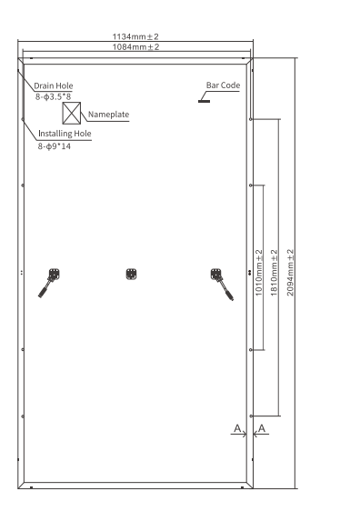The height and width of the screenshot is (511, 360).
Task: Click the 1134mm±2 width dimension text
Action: (x=135, y=37)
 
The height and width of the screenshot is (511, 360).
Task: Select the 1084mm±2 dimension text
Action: (x=135, y=46)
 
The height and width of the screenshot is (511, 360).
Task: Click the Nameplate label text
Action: (x=109, y=115)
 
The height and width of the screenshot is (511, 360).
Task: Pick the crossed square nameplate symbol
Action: (x=73, y=114)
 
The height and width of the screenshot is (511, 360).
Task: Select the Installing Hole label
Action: (x=64, y=134)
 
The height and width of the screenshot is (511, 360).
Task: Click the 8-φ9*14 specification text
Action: (x=55, y=145)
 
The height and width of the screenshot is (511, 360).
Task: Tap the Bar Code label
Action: (x=223, y=85)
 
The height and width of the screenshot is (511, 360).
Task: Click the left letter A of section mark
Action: (x=236, y=427)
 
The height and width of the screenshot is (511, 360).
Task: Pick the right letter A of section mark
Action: (x=262, y=427)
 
